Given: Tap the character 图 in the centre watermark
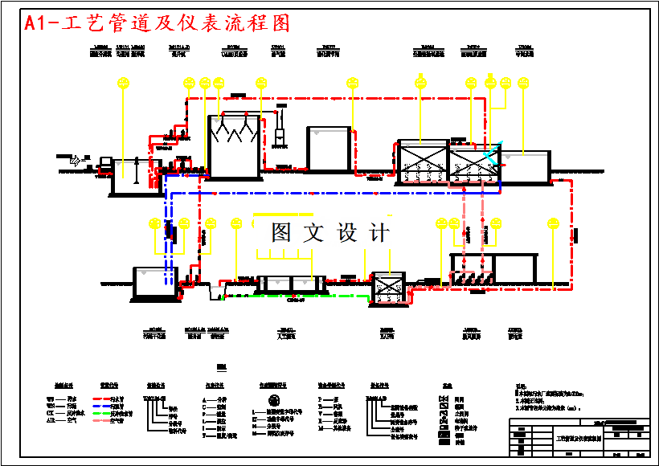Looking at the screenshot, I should point(281,233).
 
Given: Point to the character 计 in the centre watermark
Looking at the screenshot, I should point(379,233).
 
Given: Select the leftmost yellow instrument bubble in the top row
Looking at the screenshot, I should point(122,82).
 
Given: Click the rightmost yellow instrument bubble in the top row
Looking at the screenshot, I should point(523,82).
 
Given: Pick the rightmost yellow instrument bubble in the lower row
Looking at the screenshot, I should point(552,223).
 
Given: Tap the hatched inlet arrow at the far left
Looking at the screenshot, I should point(76,161).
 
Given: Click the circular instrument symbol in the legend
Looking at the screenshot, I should point(274,399).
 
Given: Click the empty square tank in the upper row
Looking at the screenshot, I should point(329,149).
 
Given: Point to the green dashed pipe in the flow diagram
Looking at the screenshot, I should point(313,296).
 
